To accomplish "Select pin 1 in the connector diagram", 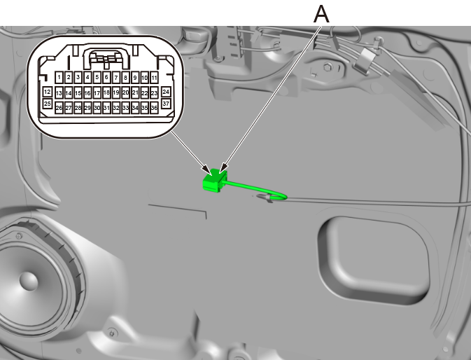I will [60, 77].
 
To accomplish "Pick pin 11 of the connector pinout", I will [153, 77].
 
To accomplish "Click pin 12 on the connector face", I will [47, 92].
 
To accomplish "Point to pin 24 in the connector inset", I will [166, 92].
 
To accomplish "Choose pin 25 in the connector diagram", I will [47, 103].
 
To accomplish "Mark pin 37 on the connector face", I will [166, 103].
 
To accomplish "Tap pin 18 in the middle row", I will [106, 92].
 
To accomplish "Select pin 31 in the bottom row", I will [106, 109].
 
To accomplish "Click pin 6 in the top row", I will [106, 77].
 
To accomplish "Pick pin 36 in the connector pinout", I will [153, 109].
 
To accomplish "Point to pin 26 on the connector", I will [59, 109].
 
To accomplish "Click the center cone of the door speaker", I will [28, 280].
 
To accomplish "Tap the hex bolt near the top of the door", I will [327, 68].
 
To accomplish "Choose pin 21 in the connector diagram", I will [134, 92].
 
